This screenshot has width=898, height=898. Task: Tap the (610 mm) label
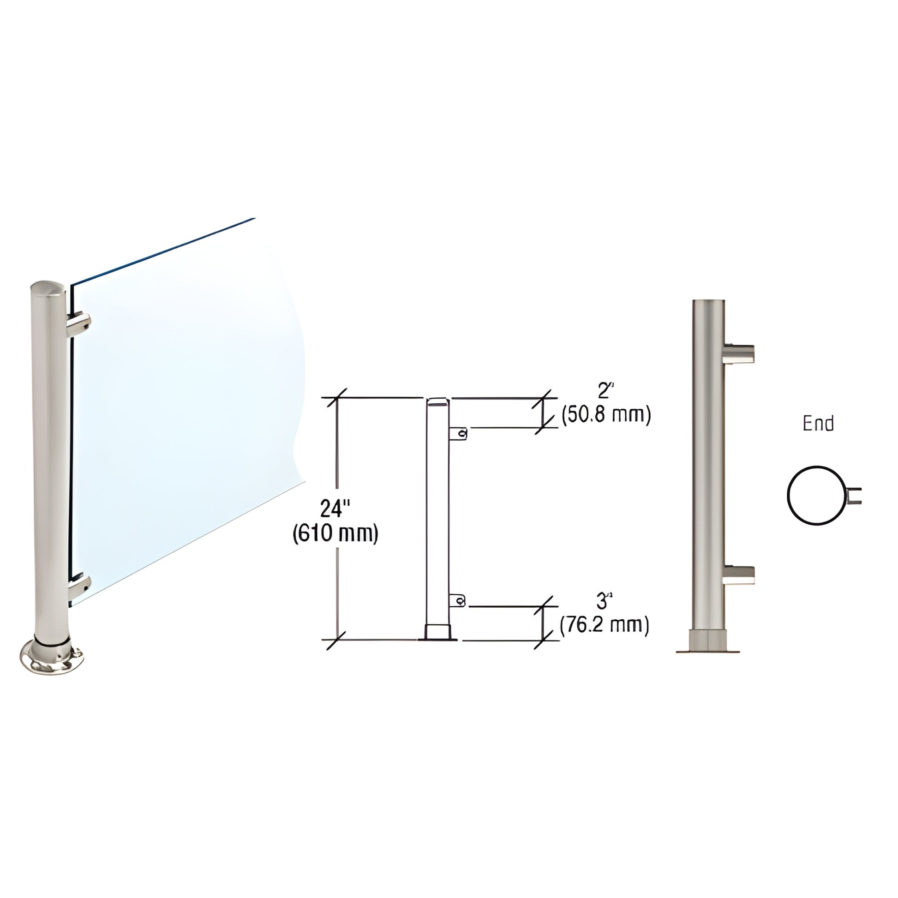335,533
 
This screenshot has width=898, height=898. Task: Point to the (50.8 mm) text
605,414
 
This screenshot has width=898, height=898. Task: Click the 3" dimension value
603,602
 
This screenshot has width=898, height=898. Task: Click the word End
818,424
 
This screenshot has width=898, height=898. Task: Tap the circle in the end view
816,496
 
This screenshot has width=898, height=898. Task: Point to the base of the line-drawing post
438,633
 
